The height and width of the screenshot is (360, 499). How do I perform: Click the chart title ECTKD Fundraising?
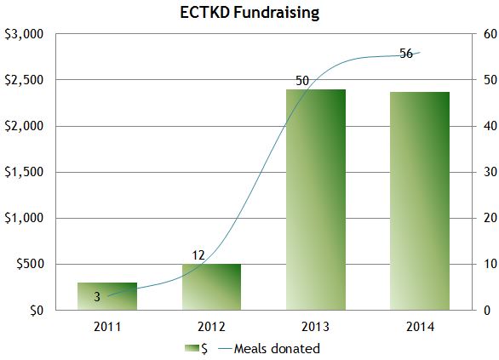[x=249, y=13]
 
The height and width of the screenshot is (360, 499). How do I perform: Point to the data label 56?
[x=406, y=54]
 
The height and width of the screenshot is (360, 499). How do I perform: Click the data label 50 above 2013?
[x=302, y=81]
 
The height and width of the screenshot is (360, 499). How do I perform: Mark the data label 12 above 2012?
[x=198, y=254]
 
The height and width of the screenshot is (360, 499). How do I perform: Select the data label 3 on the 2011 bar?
[x=96, y=297]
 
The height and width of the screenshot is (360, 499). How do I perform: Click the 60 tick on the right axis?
[x=489, y=34]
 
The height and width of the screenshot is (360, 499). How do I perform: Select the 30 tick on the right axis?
[x=489, y=172]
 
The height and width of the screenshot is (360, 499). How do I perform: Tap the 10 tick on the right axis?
[x=489, y=264]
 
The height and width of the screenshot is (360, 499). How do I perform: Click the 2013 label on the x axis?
[x=315, y=326]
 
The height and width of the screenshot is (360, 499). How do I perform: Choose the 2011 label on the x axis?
[x=107, y=326]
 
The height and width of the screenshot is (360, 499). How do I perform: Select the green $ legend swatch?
[x=191, y=348]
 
